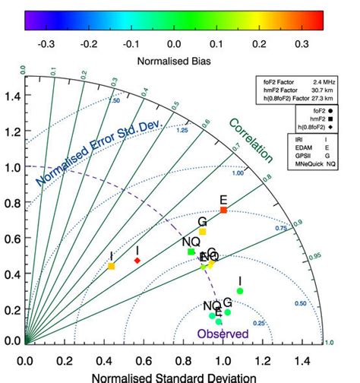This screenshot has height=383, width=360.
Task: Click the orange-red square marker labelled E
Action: (223, 210)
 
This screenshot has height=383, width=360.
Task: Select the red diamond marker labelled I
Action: (137, 261)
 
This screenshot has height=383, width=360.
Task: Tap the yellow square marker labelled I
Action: (112, 266)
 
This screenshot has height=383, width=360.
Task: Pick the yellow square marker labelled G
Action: (202, 231)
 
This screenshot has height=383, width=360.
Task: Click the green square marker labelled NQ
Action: (191, 252)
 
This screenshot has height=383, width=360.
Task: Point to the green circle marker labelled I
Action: (240, 291)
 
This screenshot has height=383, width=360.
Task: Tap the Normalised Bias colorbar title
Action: (174, 58)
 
